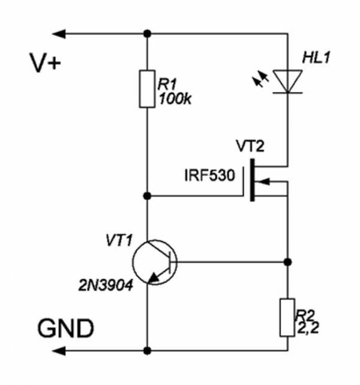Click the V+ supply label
click(45, 62)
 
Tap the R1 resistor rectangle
click(148, 88)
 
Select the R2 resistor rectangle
click(287, 317)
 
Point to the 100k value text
click(175, 100)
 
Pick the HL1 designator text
click(317, 59)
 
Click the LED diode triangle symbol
click(287, 81)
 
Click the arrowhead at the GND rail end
click(59, 350)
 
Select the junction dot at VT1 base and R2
click(287, 262)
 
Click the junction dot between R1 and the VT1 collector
click(148, 196)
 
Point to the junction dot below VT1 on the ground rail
click(148, 350)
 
